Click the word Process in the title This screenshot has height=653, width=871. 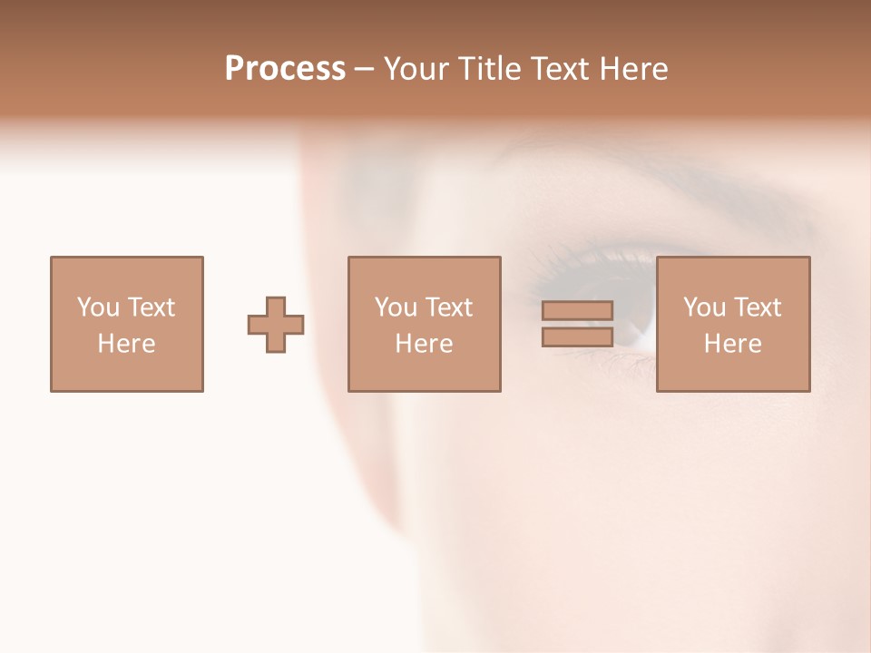tap(285, 69)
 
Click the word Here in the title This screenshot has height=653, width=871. tap(634, 69)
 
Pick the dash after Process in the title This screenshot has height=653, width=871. tap(364, 70)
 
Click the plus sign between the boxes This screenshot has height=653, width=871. tap(276, 325)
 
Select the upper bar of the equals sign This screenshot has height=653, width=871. tap(577, 310)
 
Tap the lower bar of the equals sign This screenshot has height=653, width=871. tap(577, 336)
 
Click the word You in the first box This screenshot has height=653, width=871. tap(98, 307)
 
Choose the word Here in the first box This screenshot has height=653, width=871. tap(126, 344)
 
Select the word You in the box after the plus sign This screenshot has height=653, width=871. tap(396, 307)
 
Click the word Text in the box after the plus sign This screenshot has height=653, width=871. tap(448, 307)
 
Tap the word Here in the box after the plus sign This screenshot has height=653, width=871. tap(424, 344)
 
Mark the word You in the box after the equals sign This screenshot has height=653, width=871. tap(704, 307)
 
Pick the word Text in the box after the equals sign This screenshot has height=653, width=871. tap(757, 307)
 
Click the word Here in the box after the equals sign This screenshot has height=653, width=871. tap(732, 344)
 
